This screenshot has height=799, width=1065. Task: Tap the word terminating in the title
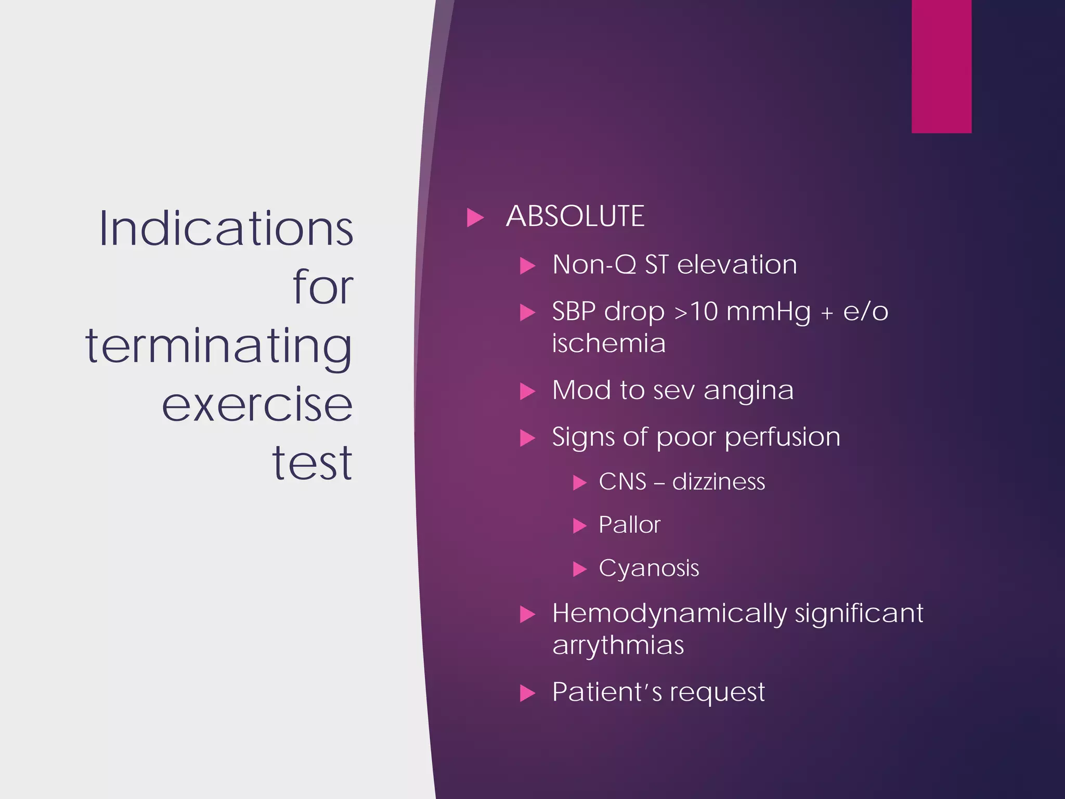tap(219, 346)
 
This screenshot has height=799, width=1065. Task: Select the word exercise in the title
tap(257, 405)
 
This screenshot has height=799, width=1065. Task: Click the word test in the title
tap(312, 462)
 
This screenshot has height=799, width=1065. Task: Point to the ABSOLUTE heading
tap(575, 216)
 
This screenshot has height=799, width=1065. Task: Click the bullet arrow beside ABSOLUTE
tap(475, 217)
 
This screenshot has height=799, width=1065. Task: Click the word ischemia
tap(608, 343)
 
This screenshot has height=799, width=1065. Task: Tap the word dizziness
tap(718, 482)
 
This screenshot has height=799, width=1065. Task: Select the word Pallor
tap(629, 525)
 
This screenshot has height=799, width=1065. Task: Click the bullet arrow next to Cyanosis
tap(579, 569)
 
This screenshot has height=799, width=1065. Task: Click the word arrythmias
tap(618, 646)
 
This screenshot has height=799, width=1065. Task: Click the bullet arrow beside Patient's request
tap(527, 693)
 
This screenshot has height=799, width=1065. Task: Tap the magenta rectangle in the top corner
tap(941, 66)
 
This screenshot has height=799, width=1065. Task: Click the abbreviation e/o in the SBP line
tap(865, 312)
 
